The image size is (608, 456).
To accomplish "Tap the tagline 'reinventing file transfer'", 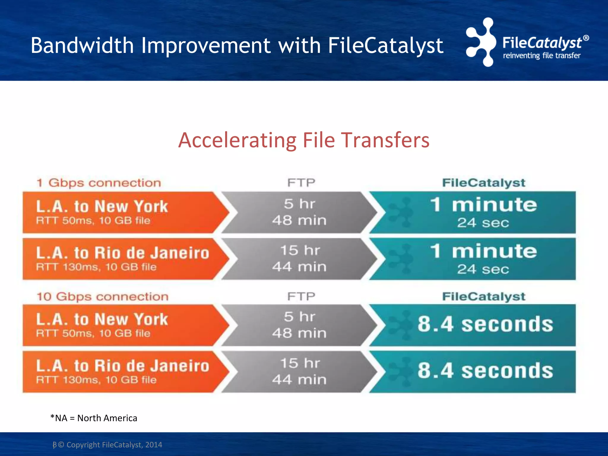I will [x=541, y=56].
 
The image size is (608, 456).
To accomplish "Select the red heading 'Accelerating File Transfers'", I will [x=304, y=140].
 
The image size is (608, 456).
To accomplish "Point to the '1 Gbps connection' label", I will [x=99, y=183].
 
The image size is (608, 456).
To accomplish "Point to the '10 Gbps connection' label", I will [x=102, y=296].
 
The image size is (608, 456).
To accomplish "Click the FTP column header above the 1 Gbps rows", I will [x=301, y=183].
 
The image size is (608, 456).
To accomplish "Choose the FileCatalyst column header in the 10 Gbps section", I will [x=484, y=296].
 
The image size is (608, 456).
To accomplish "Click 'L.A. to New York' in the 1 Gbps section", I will [x=102, y=206].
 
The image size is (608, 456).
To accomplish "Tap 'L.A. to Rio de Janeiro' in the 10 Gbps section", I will [x=123, y=366].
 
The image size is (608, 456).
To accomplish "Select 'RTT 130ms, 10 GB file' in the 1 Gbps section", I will [x=96, y=267].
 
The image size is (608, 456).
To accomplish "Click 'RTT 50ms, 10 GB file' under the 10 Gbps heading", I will [x=93, y=333].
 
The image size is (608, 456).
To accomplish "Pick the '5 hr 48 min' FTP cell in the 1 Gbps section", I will [x=299, y=212].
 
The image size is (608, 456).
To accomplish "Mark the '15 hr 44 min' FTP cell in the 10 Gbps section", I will [x=299, y=371].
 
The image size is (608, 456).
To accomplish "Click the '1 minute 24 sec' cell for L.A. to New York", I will [x=484, y=212].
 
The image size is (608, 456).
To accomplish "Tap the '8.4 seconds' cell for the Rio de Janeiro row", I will [x=485, y=371].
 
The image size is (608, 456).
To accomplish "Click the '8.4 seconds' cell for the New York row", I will [x=485, y=324].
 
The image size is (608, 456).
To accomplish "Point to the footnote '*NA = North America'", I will [x=94, y=418].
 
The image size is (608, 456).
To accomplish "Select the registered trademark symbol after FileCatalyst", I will [x=586, y=38].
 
